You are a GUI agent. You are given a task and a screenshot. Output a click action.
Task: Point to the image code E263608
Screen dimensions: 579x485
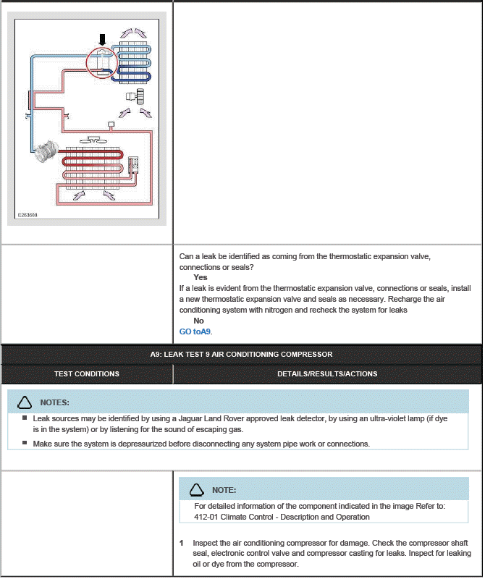(28, 215)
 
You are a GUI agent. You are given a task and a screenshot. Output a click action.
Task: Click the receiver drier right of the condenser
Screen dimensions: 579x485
(133, 164)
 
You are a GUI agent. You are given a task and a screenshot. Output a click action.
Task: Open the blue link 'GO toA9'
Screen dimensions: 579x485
(195, 331)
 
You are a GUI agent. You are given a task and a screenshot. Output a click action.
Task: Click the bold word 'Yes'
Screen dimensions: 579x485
(201, 277)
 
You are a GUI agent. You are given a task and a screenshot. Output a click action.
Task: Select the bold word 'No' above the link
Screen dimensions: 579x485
(198, 321)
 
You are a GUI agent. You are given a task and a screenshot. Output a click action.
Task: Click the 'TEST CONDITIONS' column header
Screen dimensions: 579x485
(87, 374)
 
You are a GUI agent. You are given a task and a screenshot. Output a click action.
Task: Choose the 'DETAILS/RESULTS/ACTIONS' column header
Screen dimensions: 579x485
(327, 374)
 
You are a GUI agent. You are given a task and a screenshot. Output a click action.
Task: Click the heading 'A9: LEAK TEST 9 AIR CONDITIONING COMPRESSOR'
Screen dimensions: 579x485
(241, 354)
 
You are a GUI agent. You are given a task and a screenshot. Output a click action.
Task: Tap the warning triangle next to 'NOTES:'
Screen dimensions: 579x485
(25, 402)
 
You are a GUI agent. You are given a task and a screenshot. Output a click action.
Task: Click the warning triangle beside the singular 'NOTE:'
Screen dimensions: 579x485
(197, 490)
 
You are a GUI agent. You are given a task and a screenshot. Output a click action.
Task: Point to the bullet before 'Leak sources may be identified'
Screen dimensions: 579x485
(25, 418)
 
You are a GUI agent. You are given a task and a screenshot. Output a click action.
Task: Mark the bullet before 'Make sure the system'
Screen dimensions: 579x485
(25, 443)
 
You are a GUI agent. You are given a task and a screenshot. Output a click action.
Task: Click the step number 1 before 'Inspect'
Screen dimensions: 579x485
(182, 543)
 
